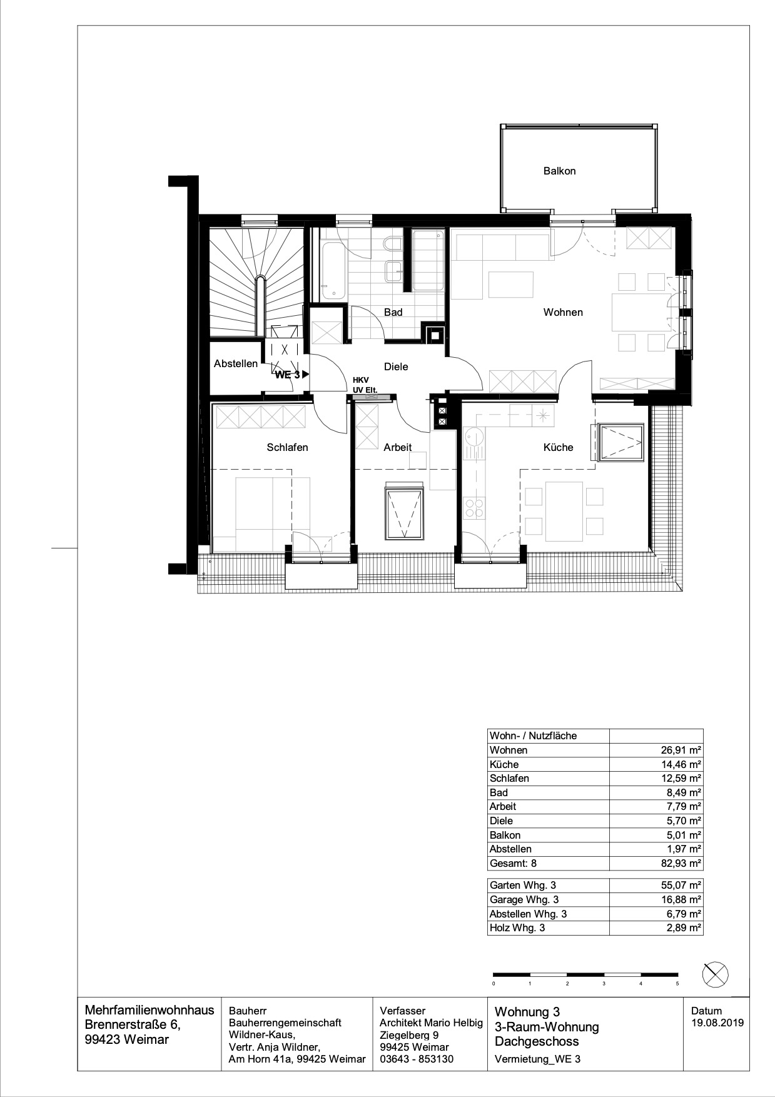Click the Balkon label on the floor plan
point(559,171)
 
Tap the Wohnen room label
point(563,312)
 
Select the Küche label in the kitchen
point(558,447)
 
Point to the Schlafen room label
point(287,447)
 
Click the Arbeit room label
point(398,447)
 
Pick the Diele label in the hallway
point(396,367)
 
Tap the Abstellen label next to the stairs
point(236,363)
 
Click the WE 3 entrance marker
point(292,375)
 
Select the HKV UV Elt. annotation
point(365,385)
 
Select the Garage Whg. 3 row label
point(524,899)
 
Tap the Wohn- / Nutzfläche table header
point(533,736)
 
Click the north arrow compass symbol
point(716,974)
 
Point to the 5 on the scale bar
point(677,984)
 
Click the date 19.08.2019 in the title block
point(717,1023)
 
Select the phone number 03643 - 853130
point(417,1059)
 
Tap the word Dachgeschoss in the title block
point(537,1041)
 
